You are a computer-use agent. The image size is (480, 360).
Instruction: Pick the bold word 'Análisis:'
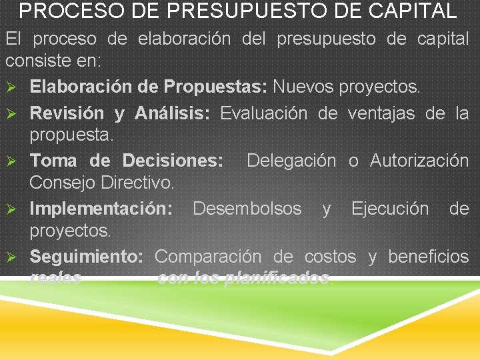tap(172, 113)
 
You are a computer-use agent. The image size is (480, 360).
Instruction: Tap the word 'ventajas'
tap(383, 113)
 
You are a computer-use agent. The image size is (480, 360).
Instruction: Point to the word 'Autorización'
tap(419, 161)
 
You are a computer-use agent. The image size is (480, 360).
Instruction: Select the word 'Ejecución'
tap(390, 209)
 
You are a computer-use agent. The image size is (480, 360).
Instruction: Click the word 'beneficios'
tap(428, 256)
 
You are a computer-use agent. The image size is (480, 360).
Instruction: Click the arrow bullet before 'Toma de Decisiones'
tap(11, 161)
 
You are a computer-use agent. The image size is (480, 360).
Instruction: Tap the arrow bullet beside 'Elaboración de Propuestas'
tap(11, 87)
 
